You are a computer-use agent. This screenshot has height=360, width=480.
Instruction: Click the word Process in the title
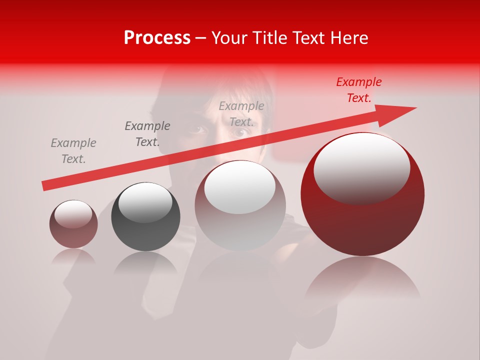click(157, 38)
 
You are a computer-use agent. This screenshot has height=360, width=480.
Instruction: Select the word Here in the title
click(349, 38)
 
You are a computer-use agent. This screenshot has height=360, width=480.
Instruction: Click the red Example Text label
click(358, 90)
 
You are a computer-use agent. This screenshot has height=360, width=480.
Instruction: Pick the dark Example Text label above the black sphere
click(147, 134)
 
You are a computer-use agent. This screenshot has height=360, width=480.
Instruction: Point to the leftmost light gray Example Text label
click(73, 151)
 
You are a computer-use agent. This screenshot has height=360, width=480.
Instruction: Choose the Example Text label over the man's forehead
click(241, 113)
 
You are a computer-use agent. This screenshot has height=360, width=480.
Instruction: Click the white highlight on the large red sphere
click(361, 167)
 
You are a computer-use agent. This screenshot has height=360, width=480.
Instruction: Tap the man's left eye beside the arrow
click(198, 129)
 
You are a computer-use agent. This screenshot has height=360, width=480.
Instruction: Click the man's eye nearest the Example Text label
click(240, 133)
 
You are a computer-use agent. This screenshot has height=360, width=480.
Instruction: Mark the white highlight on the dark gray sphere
click(145, 202)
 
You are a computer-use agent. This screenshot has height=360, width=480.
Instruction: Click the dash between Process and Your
click(200, 38)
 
